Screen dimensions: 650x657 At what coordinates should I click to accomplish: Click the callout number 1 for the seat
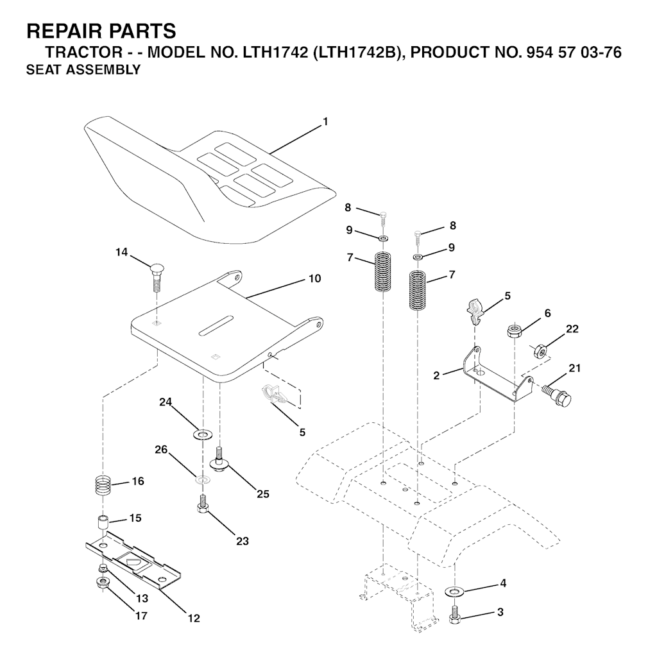click(325, 121)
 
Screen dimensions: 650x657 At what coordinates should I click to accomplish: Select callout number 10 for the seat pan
click(314, 279)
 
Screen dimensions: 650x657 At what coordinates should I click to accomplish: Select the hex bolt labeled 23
click(202, 503)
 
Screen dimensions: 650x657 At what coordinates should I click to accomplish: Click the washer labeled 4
click(455, 590)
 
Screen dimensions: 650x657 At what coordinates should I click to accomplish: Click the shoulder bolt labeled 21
click(557, 393)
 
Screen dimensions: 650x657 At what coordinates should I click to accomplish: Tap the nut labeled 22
click(540, 350)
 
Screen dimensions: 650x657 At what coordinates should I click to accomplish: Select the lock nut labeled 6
click(513, 331)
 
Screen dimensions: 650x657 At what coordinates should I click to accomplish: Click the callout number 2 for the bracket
click(436, 376)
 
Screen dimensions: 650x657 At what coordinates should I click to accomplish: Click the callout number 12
click(194, 619)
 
